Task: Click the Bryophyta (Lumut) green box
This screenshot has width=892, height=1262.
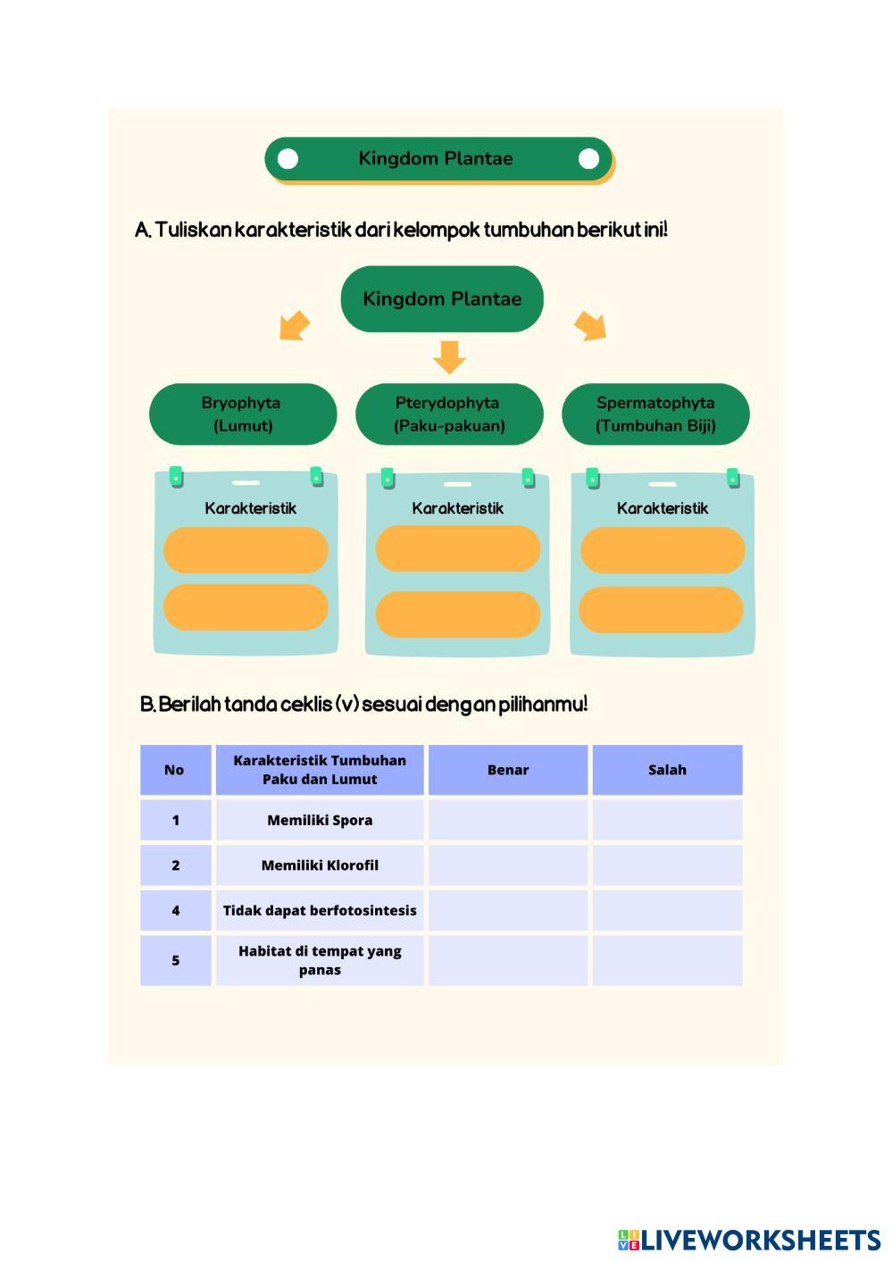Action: (243, 414)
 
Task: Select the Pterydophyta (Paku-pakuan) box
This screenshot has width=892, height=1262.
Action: (449, 414)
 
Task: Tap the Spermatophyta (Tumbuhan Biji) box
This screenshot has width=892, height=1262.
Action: (655, 414)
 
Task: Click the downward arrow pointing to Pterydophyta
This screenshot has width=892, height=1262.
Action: (449, 357)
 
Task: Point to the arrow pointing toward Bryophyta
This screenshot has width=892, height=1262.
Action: (295, 326)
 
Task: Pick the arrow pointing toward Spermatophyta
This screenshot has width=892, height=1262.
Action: (590, 326)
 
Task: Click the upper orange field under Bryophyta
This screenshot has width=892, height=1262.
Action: (246, 550)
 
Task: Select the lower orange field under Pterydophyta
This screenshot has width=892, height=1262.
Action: (458, 614)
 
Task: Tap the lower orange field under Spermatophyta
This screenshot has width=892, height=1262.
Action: (661, 610)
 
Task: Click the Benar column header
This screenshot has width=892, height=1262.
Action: (508, 770)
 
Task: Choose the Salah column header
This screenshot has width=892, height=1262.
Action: (667, 770)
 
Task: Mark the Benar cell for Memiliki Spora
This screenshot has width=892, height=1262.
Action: (508, 820)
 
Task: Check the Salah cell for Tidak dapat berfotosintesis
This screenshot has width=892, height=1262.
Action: (667, 910)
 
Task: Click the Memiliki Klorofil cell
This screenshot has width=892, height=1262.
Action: (320, 865)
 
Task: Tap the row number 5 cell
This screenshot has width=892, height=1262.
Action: (176, 961)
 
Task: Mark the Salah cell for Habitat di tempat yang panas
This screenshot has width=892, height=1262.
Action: (667, 961)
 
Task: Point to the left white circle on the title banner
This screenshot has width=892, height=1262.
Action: (288, 159)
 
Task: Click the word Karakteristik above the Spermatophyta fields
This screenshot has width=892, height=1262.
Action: (663, 508)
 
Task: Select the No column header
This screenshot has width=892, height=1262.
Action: (176, 770)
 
